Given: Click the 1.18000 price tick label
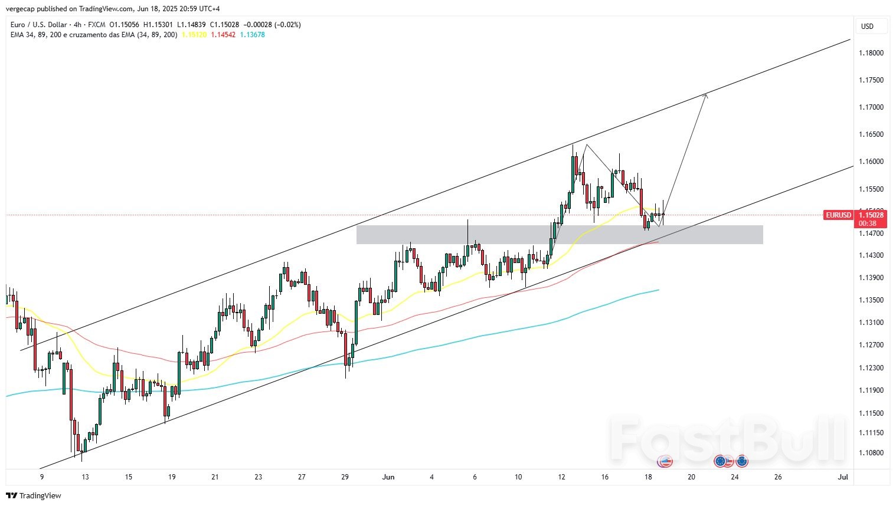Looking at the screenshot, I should [871, 53].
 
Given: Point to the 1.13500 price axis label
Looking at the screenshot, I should [871, 300].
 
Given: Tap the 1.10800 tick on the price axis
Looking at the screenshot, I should [871, 453].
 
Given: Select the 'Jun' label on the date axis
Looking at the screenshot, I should [388, 477].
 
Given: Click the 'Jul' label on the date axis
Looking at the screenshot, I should [843, 477].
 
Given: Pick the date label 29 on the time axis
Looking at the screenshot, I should [345, 477].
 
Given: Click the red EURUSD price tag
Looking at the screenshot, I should [838, 215].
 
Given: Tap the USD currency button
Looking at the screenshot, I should [867, 27].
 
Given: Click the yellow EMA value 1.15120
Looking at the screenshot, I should [194, 35].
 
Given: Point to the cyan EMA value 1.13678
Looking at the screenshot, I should [253, 35].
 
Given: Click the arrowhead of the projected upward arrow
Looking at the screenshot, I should [705, 96].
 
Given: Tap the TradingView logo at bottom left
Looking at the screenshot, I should [34, 495].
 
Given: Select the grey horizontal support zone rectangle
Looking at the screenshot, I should [559, 235].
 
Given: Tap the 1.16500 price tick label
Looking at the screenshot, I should [871, 134].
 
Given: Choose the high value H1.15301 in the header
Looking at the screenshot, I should [158, 25].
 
